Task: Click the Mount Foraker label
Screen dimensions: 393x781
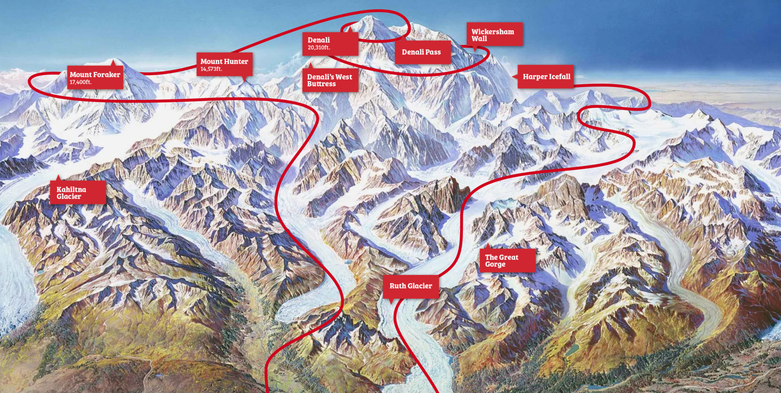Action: (x=95, y=77)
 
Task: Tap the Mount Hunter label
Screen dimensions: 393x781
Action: (x=224, y=64)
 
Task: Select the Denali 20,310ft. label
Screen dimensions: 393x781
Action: (x=330, y=43)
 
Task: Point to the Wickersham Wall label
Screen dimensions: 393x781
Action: (x=494, y=35)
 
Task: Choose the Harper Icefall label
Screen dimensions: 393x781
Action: (x=546, y=77)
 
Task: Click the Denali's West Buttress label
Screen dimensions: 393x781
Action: (x=330, y=80)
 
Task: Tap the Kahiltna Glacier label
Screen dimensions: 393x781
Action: (x=78, y=193)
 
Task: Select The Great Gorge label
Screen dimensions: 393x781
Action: (x=507, y=260)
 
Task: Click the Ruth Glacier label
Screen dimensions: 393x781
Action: (x=411, y=286)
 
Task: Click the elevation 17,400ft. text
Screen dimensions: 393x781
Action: (x=81, y=82)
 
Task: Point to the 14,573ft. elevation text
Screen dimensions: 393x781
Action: (x=211, y=69)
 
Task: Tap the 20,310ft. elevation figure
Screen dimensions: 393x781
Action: (x=319, y=48)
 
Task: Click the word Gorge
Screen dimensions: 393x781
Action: (x=495, y=264)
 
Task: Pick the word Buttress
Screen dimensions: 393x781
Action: (x=321, y=84)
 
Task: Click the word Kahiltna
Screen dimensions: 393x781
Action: (x=71, y=189)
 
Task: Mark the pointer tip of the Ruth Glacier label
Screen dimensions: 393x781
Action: (x=391, y=303)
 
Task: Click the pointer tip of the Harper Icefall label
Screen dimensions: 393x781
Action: (x=513, y=77)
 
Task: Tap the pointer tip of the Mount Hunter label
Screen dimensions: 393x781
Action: (x=244, y=81)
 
